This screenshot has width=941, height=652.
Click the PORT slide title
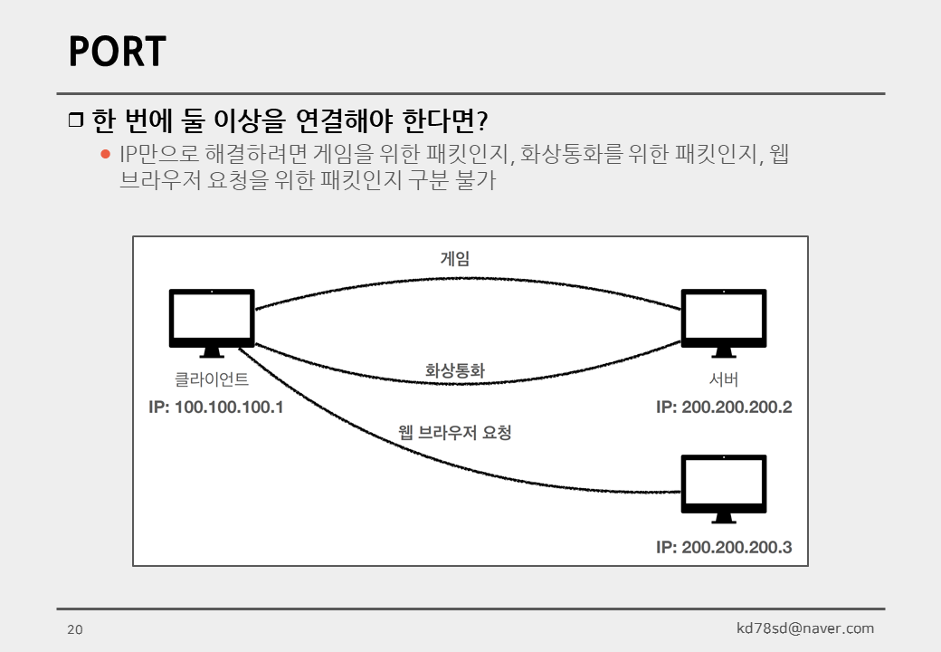point(118,53)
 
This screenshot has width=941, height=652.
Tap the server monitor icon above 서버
point(723,321)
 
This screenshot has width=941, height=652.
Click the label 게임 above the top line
point(455,259)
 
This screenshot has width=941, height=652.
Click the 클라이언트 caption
point(212,380)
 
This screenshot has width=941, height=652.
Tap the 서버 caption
point(723,380)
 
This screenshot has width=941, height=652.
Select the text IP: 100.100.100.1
point(216,407)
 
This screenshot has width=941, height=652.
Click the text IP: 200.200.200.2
point(724,407)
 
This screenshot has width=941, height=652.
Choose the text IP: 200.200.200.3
point(724,547)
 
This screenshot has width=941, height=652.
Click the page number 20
point(74,629)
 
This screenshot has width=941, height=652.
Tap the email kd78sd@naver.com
point(805,628)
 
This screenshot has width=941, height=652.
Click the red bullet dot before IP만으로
point(105,154)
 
